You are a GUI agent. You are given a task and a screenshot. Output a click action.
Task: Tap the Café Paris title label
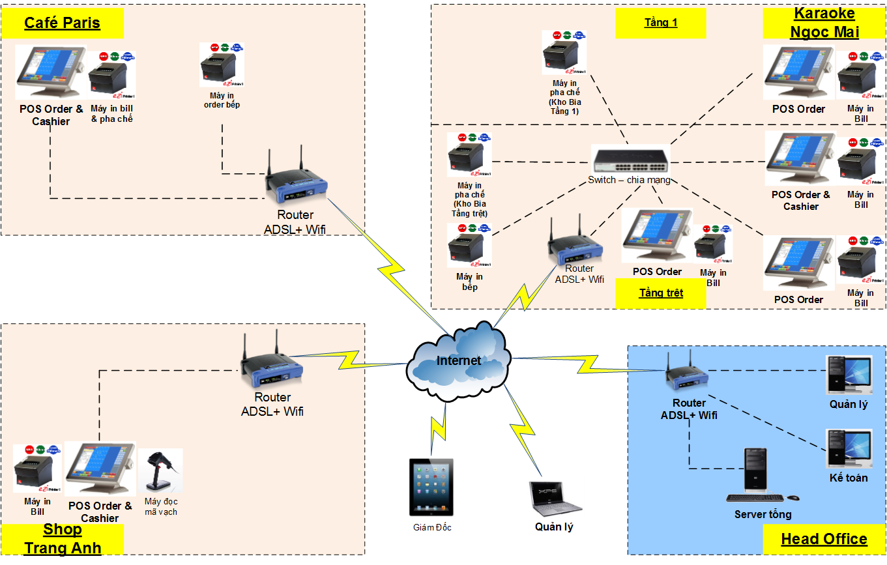63,23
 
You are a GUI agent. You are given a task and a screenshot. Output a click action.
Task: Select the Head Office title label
824,539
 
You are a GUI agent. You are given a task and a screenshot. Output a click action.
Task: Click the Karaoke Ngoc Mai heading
824,23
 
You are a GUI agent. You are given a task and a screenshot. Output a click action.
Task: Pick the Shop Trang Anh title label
63,539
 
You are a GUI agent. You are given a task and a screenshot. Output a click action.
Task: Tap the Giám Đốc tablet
431,487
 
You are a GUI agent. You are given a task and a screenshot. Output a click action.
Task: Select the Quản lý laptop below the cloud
554,499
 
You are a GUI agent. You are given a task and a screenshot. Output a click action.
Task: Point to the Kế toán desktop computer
849,448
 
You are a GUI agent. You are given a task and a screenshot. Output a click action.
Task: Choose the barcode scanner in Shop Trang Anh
160,471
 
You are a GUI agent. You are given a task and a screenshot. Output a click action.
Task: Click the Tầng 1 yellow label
661,23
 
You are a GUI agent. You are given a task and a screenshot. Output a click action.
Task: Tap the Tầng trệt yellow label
661,293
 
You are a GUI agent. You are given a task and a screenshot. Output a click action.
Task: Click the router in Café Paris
295,183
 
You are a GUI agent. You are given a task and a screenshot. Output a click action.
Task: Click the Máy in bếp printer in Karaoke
469,246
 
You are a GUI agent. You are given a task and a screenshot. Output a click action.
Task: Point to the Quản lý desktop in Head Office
849,374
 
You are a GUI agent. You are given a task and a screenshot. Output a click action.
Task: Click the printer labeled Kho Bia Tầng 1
564,53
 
